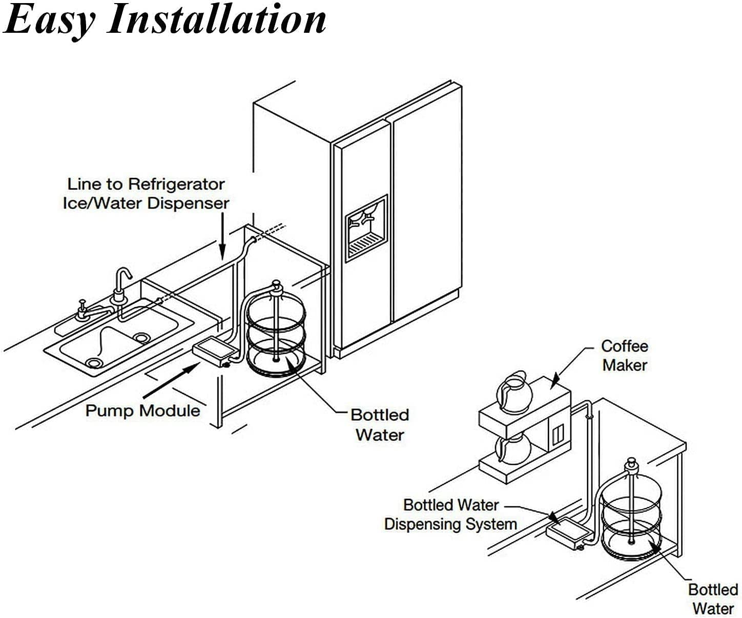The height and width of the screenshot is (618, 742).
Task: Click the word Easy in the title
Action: [x=49, y=20]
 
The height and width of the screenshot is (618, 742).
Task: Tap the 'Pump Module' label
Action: [x=142, y=410]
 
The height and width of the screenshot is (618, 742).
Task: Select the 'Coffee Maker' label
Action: [x=624, y=356]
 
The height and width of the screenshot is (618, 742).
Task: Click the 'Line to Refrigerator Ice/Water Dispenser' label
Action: [x=146, y=194]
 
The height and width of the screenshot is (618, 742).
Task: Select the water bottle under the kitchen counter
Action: [x=276, y=333]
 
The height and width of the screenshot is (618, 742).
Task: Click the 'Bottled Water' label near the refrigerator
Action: [x=380, y=425]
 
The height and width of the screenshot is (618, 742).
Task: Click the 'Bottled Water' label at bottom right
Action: [x=713, y=599]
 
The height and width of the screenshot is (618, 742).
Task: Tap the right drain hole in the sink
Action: [x=141, y=337]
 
